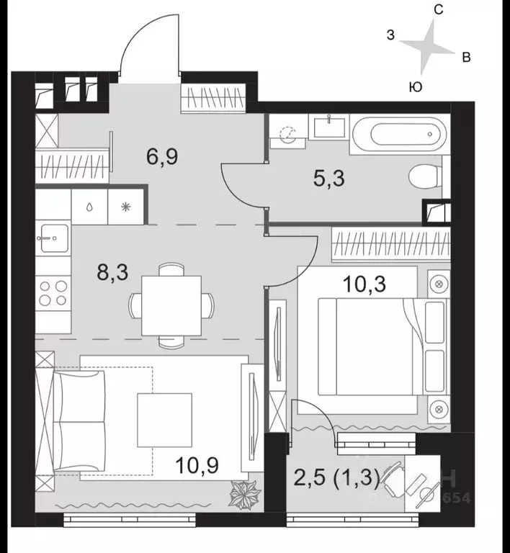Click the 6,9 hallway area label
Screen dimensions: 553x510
coord(162,156)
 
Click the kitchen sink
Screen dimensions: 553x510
coord(52,238)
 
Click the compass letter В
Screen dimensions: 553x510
coord(466,58)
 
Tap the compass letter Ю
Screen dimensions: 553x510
coord(416,86)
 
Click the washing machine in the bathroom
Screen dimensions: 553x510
coord(289,133)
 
